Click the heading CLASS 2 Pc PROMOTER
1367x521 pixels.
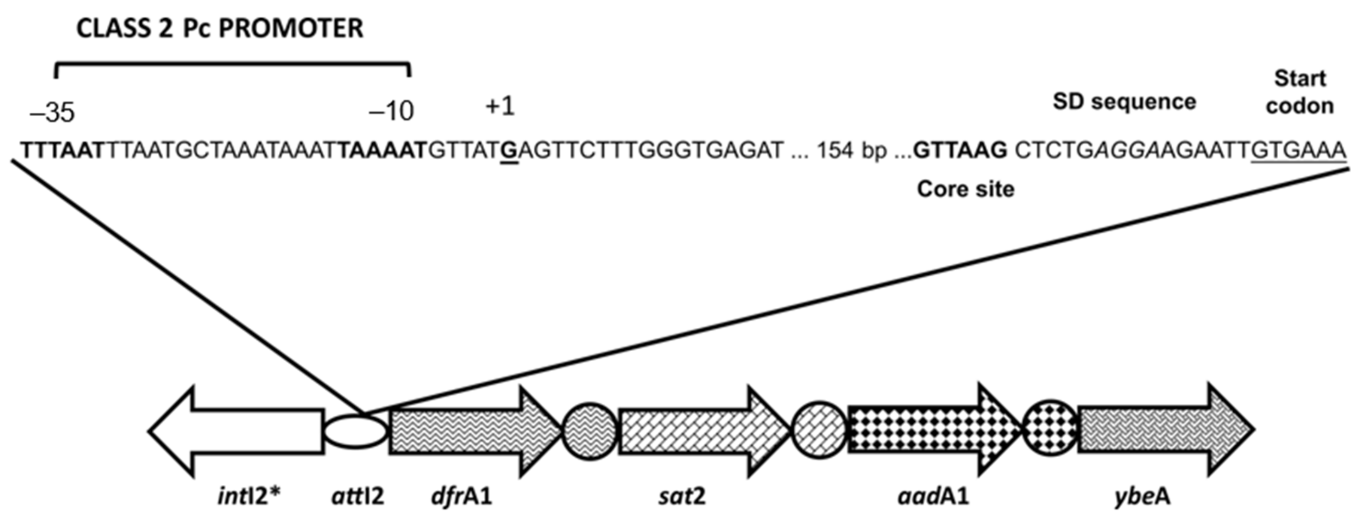220,29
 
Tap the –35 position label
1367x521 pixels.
52,113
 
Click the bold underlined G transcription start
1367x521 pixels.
509,152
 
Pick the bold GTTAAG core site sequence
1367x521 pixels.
960,151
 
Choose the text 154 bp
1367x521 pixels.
851,151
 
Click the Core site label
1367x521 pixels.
965,189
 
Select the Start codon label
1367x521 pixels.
1300,93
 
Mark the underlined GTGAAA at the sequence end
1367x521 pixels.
1298,151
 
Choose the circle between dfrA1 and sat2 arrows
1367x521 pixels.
590,431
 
